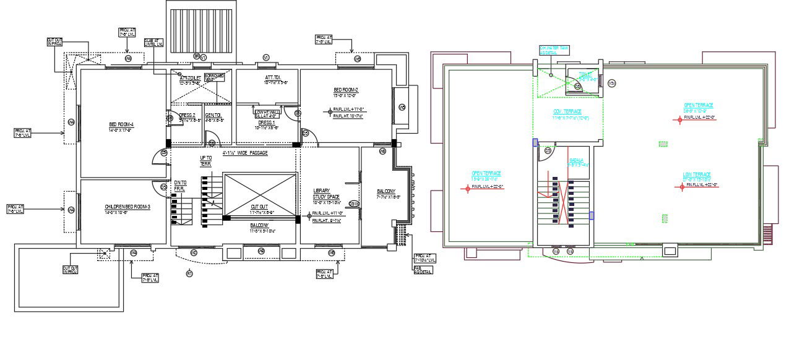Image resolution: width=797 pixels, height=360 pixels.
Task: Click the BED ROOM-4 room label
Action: (x=121, y=126)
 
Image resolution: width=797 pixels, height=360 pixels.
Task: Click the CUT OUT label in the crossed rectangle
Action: (x=259, y=207)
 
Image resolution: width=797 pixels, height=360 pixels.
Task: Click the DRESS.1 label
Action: (x=267, y=122)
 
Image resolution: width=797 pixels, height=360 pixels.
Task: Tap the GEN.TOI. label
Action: (x=214, y=115)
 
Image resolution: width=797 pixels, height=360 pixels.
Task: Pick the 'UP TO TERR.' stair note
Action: (x=206, y=161)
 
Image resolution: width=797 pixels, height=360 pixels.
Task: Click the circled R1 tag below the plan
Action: (x=190, y=273)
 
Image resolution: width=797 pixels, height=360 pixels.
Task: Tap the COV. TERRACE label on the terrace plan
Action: (x=567, y=111)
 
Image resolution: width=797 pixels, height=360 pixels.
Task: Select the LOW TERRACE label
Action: (x=697, y=174)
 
